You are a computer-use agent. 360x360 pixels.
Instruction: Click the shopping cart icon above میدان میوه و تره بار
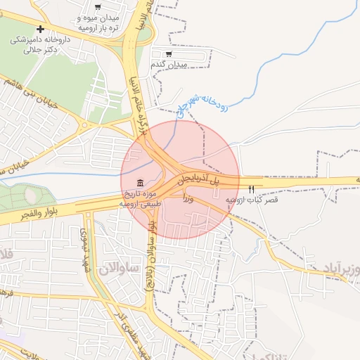point(97,6)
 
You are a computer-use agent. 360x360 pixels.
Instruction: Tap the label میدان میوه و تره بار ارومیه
point(98,22)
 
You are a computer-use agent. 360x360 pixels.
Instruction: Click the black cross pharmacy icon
point(41,30)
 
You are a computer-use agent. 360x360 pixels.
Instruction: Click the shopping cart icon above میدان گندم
point(169,53)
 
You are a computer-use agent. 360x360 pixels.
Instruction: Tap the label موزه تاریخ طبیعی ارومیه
point(141,198)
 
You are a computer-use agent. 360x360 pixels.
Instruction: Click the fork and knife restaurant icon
point(252,189)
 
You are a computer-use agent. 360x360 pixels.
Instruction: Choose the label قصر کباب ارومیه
point(252,200)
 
